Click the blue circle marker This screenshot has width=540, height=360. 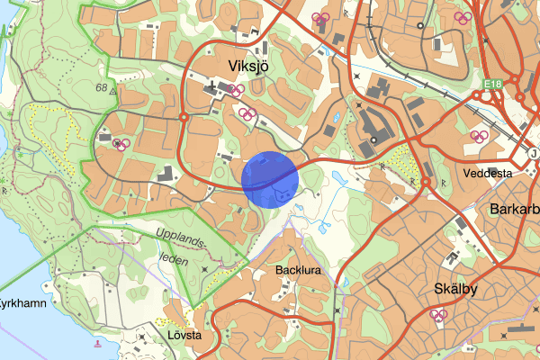[270, 179]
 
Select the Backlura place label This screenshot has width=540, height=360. [298, 270]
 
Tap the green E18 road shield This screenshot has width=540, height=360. [490, 85]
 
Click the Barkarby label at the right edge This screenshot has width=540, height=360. [515, 209]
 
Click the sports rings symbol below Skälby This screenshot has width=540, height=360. [438, 315]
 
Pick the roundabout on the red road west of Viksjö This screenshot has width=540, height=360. [183, 117]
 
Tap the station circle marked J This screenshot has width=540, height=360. [534, 152]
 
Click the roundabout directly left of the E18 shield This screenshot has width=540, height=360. [476, 95]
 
